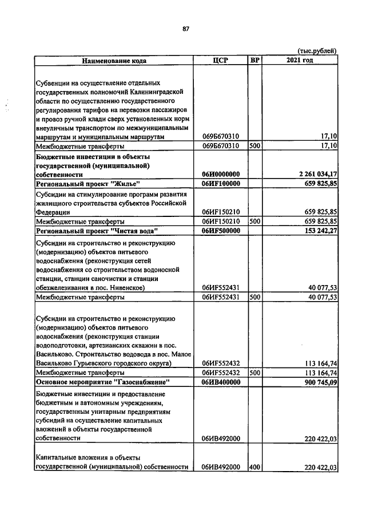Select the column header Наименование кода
(114, 60)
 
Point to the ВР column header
(254, 60)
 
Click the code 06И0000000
(221, 174)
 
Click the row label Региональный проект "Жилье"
(88, 184)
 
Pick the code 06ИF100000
(221, 184)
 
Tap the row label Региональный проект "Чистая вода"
(97, 230)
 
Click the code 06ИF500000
(221, 230)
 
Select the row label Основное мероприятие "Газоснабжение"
(102, 381)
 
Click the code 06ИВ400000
(221, 381)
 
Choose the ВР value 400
(254, 467)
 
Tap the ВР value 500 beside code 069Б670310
(254, 147)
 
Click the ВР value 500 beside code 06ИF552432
(254, 372)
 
